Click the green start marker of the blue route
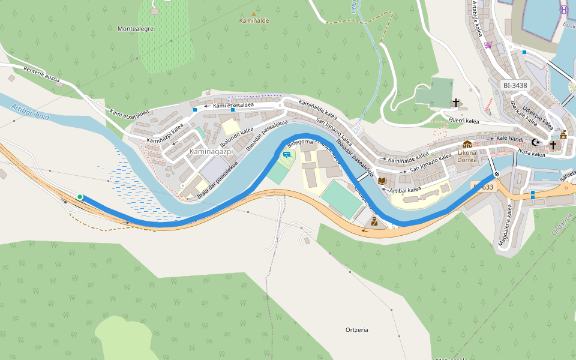80,197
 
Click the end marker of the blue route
497,175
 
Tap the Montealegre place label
136,29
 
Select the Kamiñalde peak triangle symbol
253,14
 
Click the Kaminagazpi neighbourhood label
211,152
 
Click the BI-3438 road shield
515,85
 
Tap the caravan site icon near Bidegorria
287,155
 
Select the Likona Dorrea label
467,156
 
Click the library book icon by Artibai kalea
382,180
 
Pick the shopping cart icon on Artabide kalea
488,44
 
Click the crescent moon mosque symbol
536,142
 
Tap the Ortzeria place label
357,330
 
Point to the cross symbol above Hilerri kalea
456,103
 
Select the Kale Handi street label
510,139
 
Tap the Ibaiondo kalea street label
237,137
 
